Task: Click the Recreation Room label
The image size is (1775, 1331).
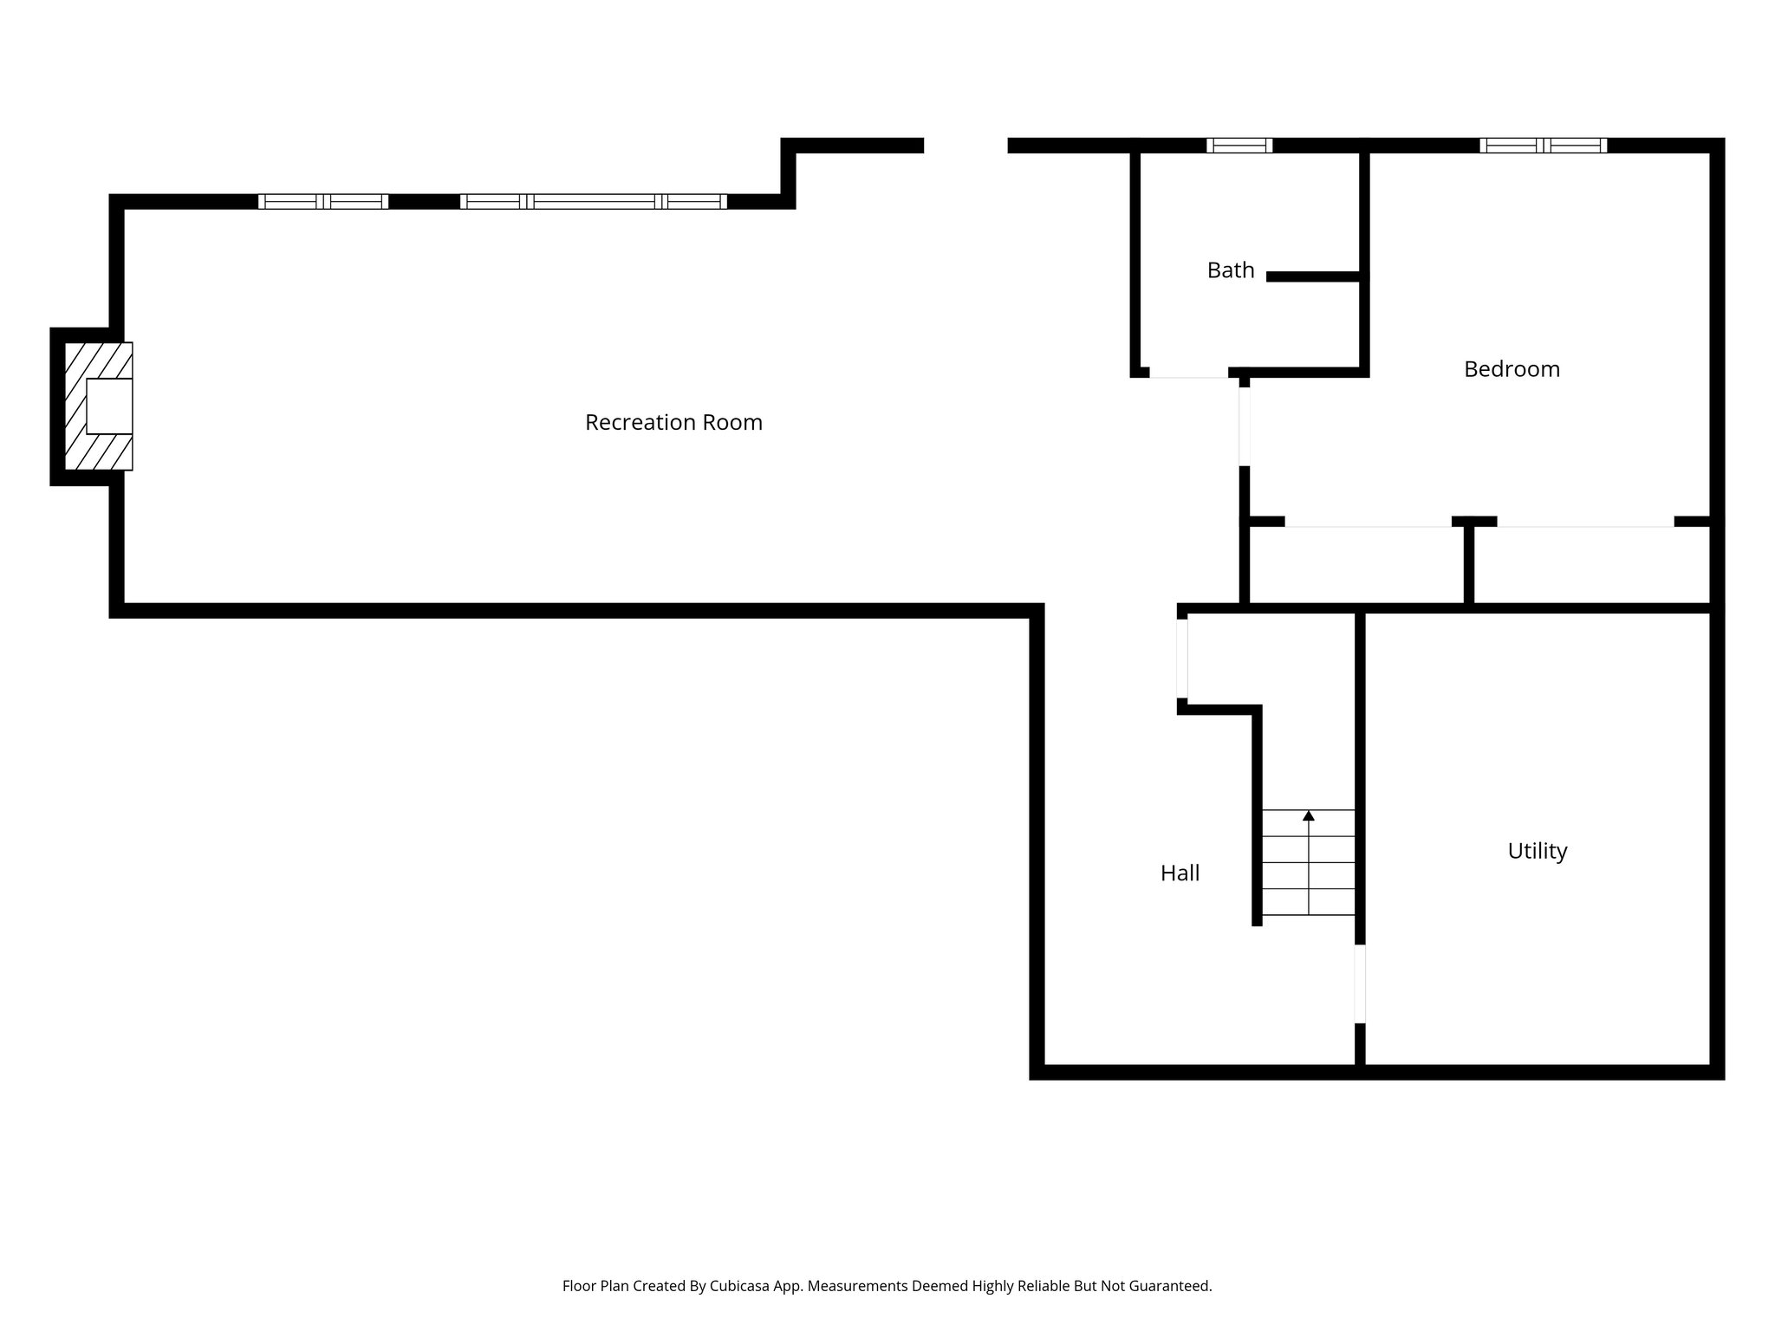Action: point(673,423)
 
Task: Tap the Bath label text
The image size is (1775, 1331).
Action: point(1231,270)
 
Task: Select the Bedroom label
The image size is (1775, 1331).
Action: point(1512,369)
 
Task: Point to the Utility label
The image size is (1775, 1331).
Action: point(1537,851)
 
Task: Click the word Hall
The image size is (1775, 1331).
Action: point(1180,873)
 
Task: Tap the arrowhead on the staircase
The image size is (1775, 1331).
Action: point(1309,815)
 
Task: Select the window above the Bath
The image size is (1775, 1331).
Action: point(1239,146)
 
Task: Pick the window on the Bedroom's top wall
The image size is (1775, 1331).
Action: point(1543,146)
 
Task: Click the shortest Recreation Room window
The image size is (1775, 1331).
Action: point(323,202)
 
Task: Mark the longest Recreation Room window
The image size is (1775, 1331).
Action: point(594,202)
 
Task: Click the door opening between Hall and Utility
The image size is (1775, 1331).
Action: point(1360,984)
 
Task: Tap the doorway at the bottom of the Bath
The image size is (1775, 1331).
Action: point(1188,373)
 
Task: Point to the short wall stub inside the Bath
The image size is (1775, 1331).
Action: point(1312,276)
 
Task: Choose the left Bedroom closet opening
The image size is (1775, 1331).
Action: point(1368,523)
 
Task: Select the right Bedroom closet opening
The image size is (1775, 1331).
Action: point(1585,523)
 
